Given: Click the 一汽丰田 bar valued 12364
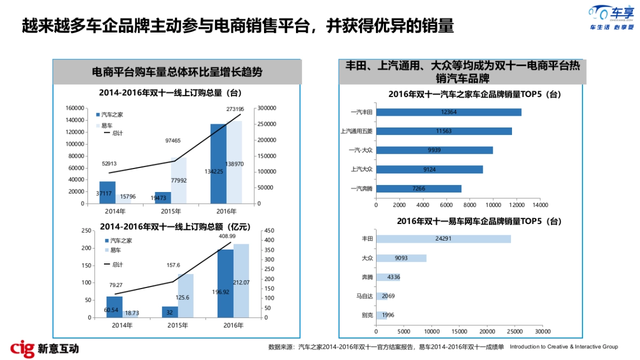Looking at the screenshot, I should (448, 112).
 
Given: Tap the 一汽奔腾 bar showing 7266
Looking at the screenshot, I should (419, 189).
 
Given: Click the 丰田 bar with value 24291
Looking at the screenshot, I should (443, 239).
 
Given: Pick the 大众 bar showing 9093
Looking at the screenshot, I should (401, 258).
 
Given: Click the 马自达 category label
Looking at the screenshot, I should (365, 296).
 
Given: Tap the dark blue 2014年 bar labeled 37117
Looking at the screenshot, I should (107, 193).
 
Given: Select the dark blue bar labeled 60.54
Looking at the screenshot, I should (114, 307).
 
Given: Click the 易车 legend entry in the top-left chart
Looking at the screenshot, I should (107, 125).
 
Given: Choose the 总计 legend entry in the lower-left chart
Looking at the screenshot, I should (113, 265).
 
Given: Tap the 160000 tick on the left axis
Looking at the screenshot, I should (74, 108).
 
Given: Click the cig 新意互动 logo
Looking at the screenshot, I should (45, 348).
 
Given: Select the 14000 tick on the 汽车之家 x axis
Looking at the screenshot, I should (540, 205).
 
